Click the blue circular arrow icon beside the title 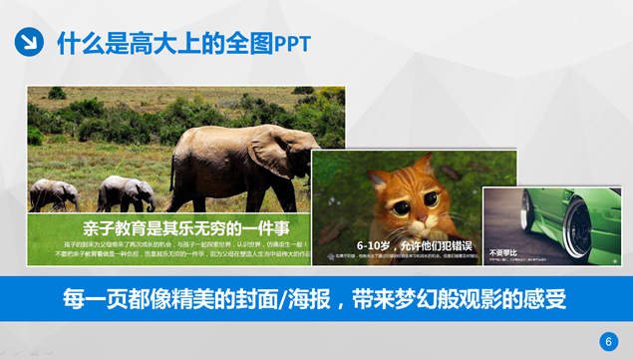[29, 42]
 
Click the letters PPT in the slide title [292, 43]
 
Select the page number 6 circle [609, 342]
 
